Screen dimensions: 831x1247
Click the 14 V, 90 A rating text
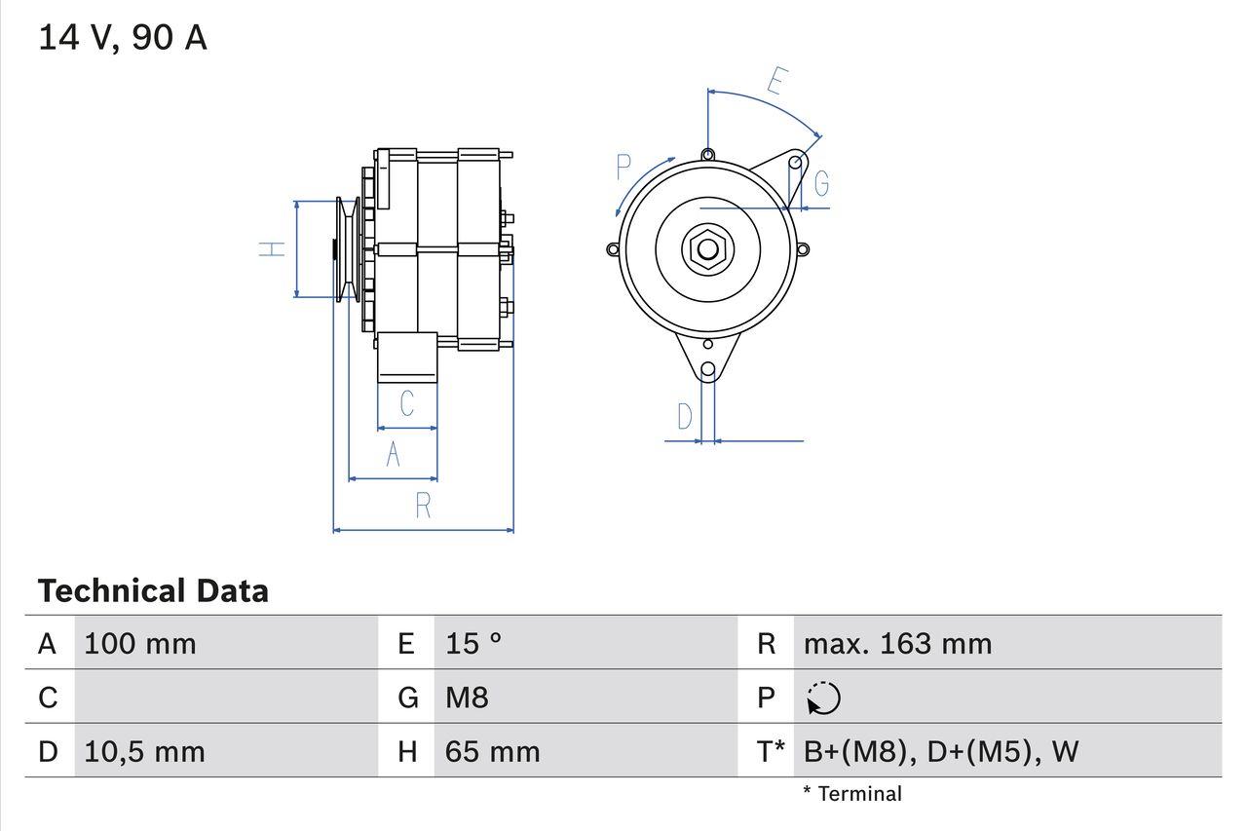(x=123, y=38)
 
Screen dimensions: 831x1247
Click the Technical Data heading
(x=153, y=591)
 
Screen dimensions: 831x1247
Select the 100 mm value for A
(x=140, y=644)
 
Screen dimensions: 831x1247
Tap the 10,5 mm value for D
(x=144, y=752)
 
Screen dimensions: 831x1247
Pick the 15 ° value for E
(x=473, y=644)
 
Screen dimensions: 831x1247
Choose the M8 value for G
(x=467, y=698)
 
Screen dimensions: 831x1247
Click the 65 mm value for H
(x=492, y=752)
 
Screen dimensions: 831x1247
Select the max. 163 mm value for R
(x=897, y=644)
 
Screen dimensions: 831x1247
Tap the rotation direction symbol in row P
(x=823, y=699)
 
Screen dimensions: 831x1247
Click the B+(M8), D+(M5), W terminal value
(x=940, y=752)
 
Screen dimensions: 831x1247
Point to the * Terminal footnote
(x=852, y=794)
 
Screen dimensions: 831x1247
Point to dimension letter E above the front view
(x=775, y=81)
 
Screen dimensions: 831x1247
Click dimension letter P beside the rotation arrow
(x=624, y=168)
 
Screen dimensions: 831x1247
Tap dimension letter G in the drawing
(x=821, y=183)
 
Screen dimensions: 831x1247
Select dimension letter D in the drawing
(x=685, y=417)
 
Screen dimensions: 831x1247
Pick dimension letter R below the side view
(x=423, y=506)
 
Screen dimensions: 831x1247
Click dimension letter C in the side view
(x=407, y=402)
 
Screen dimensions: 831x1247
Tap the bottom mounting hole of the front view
(x=708, y=370)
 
